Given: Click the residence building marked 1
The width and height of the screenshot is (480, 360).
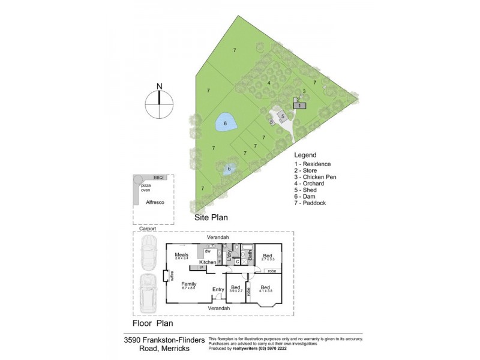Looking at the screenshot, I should coord(299,106).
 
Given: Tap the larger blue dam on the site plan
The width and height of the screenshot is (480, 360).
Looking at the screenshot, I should coord(225,124).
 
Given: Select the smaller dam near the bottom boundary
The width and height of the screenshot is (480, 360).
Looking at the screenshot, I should coord(229,170).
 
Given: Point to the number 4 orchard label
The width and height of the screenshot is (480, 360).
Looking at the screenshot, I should coord(269,83).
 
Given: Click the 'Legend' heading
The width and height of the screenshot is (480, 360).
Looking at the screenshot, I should coord(305,155).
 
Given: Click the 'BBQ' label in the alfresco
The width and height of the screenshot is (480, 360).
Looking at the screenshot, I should coord(158,178).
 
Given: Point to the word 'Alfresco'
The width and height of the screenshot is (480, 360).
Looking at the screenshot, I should coord(155,203).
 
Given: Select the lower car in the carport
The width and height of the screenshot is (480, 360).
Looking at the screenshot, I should coord(146,293).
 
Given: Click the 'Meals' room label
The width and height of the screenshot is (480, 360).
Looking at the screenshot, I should coord(182,255).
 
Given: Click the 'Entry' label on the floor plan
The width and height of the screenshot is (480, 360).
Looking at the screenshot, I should coord(218,290).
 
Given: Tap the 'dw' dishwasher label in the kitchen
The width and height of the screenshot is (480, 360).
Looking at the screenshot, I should coord(207,252).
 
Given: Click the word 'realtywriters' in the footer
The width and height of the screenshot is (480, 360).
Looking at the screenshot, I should coord(249,349).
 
